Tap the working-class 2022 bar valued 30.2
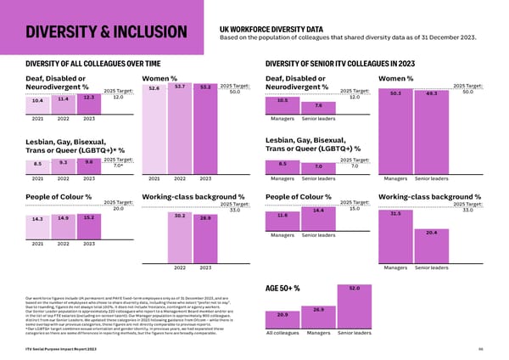(x=180, y=238)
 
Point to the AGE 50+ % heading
(x=284, y=289)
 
